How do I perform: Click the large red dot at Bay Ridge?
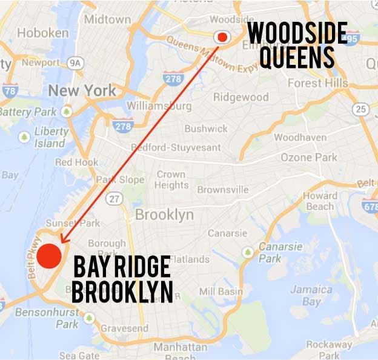(49, 255)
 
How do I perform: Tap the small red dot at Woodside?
(222, 38)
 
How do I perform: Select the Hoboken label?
(43, 33)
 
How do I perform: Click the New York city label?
(82, 91)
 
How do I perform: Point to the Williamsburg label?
(159, 106)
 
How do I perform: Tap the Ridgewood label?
(240, 97)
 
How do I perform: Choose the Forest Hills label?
(317, 83)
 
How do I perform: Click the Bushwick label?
(206, 128)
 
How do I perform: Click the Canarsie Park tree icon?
(248, 252)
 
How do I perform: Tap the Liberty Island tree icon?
(24, 137)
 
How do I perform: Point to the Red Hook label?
(76, 162)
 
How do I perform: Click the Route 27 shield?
(116, 199)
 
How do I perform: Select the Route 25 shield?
(361, 109)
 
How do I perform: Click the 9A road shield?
(76, 62)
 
